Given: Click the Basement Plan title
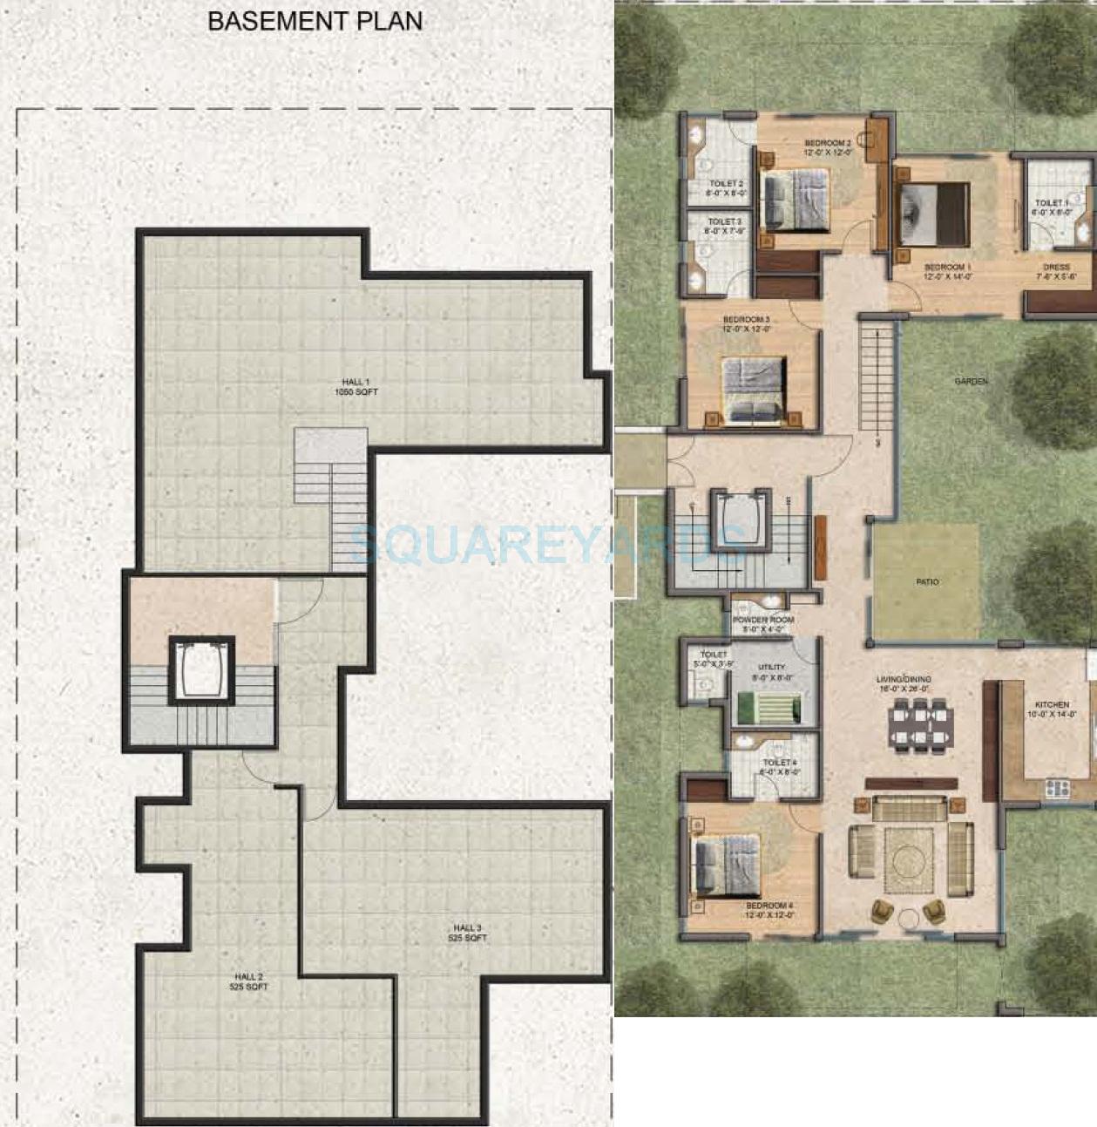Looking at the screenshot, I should [x=315, y=22].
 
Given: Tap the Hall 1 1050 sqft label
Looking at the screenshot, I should [x=356, y=388].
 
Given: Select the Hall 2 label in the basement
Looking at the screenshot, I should [x=249, y=982].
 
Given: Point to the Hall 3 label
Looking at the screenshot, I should [x=467, y=934].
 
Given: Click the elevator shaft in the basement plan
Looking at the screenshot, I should [x=201, y=669].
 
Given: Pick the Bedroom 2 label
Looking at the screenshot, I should [x=827, y=147].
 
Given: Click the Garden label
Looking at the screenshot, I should [x=971, y=382].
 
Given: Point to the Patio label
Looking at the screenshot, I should [x=927, y=581].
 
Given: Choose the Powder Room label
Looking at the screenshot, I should [x=763, y=624].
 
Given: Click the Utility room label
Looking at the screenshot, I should [x=772, y=672].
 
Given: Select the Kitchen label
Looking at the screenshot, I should [x=1052, y=709].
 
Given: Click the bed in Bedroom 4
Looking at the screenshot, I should [x=726, y=866].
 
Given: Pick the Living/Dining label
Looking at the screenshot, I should [x=904, y=683].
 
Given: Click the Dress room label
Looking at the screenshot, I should [x=1056, y=272].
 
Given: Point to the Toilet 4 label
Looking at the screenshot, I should [x=780, y=766].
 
